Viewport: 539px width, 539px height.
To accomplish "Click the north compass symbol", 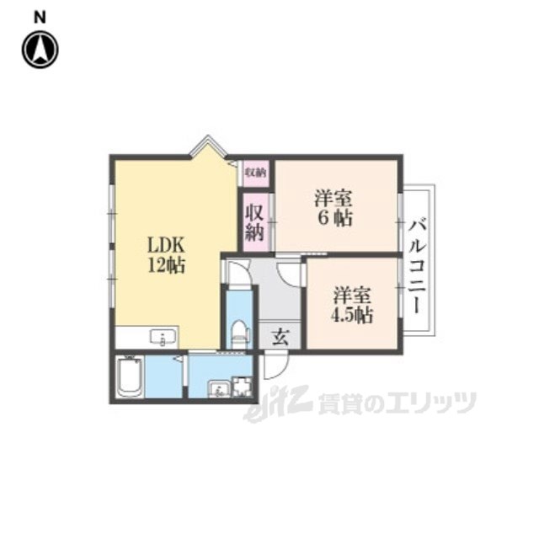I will (40, 49).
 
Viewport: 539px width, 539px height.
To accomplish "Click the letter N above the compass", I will (40, 16).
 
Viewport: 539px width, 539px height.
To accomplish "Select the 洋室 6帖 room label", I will (334, 209).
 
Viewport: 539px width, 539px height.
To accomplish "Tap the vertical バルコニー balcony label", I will (418, 264).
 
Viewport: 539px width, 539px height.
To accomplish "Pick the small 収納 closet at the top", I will (255, 173).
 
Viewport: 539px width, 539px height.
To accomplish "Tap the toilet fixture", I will (240, 333).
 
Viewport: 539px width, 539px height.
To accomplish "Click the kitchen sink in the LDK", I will (163, 338).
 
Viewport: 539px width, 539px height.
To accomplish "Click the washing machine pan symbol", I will (243, 387).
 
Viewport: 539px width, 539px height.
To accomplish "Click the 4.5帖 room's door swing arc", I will (291, 272).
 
